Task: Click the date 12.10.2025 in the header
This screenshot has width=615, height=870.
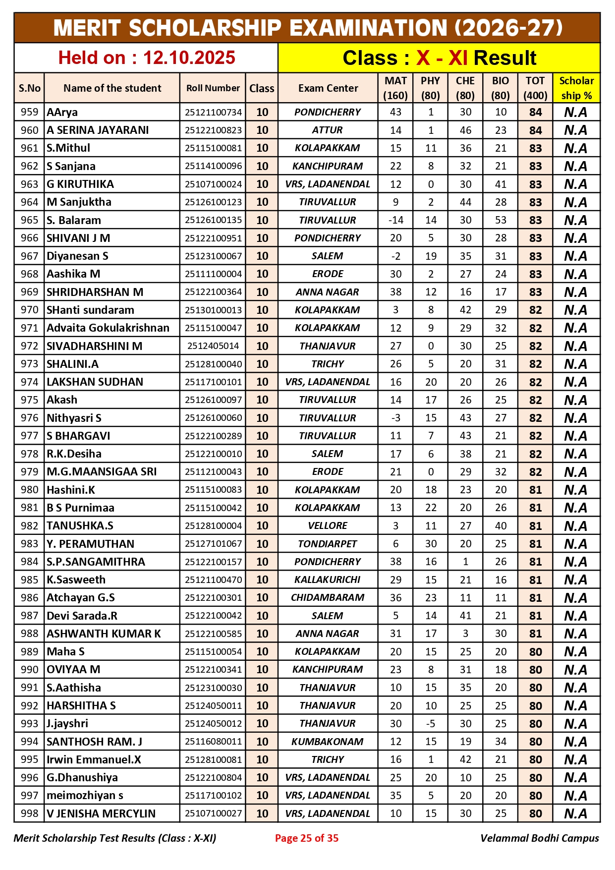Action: point(189,58)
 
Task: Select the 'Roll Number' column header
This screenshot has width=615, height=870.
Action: point(213,88)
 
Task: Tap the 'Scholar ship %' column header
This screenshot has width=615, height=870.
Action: point(576,88)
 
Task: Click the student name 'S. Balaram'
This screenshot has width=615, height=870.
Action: point(74,220)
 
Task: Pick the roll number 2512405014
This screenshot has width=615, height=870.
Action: point(213,346)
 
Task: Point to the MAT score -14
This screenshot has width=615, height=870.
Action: point(395,220)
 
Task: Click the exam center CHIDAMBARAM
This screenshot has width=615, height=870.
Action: point(328,598)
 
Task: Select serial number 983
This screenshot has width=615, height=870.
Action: point(29,544)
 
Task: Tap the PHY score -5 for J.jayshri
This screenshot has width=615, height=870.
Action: point(431,724)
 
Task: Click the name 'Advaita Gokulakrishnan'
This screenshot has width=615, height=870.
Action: point(108,328)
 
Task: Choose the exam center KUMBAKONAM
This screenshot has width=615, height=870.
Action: point(328,742)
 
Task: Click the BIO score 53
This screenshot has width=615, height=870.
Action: point(501,220)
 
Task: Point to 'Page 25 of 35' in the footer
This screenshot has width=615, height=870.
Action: point(307,838)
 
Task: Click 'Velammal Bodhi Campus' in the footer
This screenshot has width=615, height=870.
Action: point(539,838)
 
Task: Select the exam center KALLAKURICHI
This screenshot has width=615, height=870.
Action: point(328,580)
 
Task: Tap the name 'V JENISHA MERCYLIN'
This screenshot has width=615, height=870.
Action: point(101,813)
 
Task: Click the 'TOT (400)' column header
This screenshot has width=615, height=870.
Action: point(535,88)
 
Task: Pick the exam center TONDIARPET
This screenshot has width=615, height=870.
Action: point(328,544)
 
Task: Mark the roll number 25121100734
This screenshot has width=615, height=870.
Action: point(213,113)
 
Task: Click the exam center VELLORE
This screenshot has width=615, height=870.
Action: point(328,525)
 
